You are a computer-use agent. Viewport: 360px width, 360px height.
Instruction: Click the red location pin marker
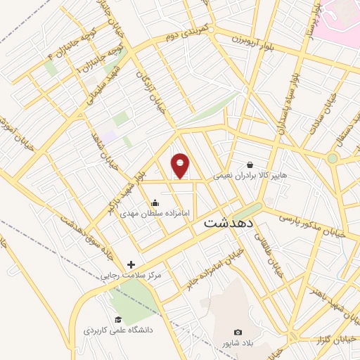pos(181,166)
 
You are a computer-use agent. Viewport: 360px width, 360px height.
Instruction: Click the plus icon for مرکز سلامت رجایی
pos(131,265)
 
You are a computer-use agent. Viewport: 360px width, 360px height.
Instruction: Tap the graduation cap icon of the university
pos(118,320)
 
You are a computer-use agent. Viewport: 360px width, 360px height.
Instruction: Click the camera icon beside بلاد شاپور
pos(238,332)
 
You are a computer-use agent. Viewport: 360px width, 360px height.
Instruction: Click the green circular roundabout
pos(332,158)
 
